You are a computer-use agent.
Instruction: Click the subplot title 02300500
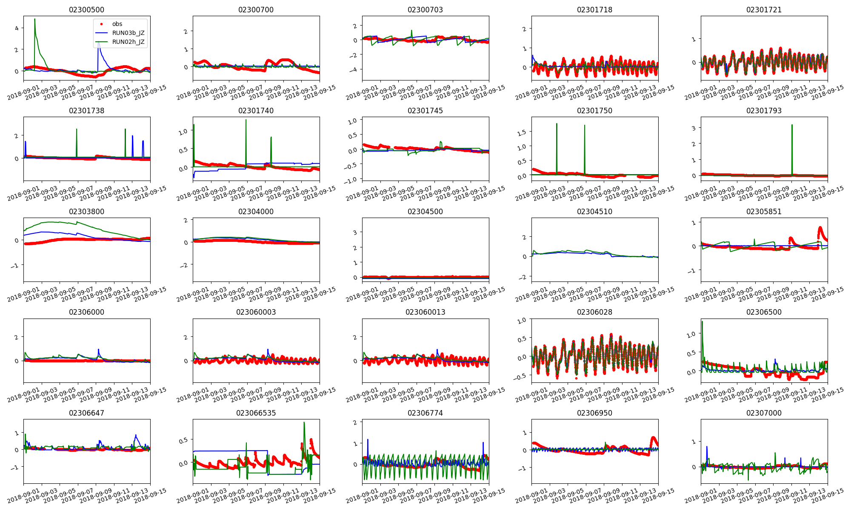[x=86, y=10]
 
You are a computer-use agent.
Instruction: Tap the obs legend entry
[x=117, y=24]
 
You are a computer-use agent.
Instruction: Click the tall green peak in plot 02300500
[x=35, y=20]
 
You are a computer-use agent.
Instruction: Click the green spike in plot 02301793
[x=792, y=125]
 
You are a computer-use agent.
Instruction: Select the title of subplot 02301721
[x=764, y=10]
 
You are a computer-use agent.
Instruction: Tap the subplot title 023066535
[x=256, y=413]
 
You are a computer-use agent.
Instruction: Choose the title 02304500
[x=425, y=212]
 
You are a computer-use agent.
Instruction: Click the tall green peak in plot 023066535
[x=304, y=423]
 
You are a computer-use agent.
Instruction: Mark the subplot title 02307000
[x=764, y=413]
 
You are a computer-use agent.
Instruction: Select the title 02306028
[x=594, y=312]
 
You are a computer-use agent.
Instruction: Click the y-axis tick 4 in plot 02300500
[x=17, y=28]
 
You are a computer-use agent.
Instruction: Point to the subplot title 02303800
[x=86, y=212]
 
